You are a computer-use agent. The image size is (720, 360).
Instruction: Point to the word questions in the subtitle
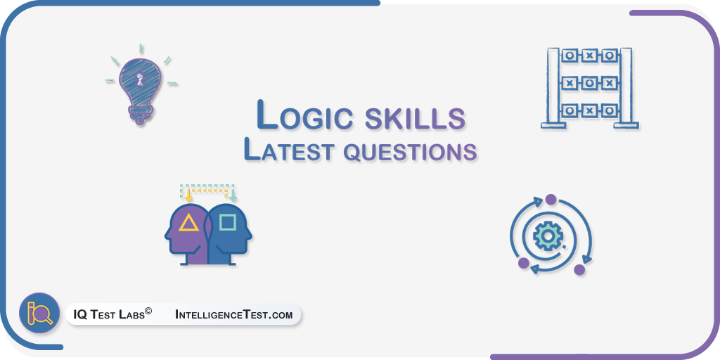410,153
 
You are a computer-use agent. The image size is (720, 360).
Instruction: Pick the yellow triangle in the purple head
188,223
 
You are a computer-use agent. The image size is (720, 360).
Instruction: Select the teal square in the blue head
227,222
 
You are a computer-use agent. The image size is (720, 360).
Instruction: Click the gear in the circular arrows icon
548,236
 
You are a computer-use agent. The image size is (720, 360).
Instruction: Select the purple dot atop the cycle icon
551,200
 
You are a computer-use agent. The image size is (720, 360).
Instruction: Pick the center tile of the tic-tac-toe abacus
589,83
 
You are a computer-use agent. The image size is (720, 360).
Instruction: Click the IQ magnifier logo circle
39,313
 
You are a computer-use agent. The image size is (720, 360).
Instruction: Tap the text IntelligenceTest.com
233,314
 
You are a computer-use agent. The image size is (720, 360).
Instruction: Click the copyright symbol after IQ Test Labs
148,311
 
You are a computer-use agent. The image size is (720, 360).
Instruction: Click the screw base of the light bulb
139,113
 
